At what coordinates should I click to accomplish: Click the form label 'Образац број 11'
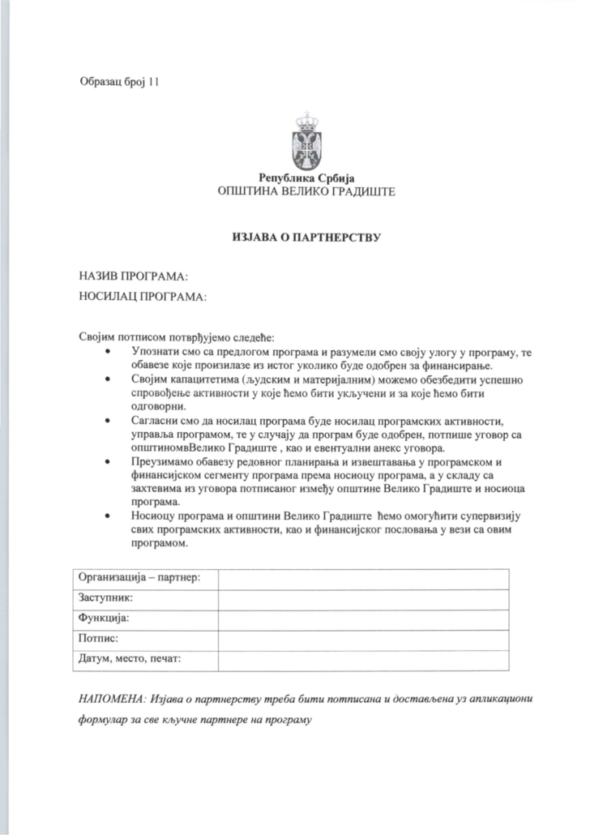120,80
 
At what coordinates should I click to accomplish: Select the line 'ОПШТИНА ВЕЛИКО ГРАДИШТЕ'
306,193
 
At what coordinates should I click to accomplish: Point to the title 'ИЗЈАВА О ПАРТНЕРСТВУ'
306,238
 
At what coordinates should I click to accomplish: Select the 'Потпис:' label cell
99,639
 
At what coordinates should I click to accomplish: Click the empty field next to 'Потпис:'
363,640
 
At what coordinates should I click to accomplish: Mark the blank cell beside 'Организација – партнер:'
363,579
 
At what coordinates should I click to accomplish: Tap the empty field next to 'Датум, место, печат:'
363,660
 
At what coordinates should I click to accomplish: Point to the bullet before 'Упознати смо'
108,351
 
